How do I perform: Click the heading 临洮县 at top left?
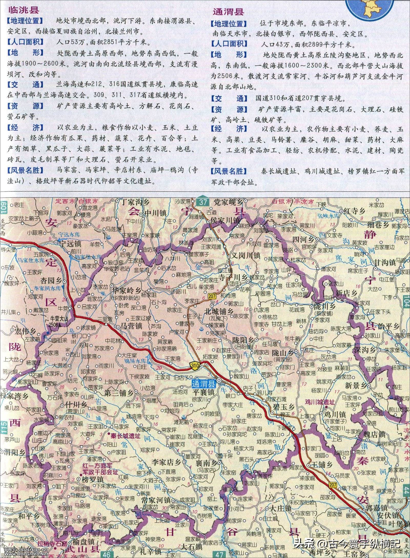tap(24, 10)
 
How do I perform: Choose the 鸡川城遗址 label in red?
tap(320, 402)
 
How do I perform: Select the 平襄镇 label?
tap(203, 392)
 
